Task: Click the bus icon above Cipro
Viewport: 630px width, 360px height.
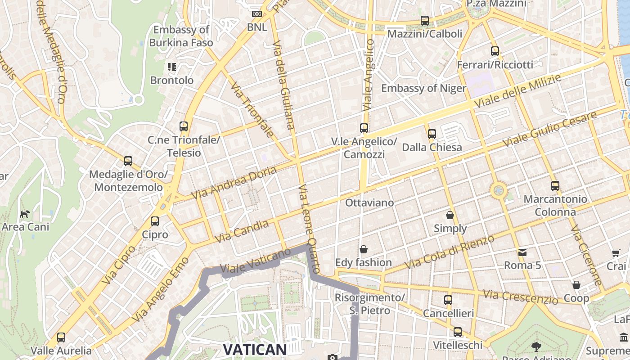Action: pos(155,221)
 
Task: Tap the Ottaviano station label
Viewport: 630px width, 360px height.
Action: pos(369,203)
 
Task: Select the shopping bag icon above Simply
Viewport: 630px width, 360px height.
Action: pos(450,216)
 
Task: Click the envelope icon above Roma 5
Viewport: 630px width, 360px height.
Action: pos(522,252)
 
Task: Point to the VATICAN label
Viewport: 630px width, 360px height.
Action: pos(255,350)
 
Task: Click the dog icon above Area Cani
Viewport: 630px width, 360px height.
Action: pos(25,214)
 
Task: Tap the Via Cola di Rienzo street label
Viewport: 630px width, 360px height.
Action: pos(450,252)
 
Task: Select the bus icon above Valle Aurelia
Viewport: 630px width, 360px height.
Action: pos(61,337)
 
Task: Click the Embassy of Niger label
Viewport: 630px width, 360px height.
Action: pos(423,88)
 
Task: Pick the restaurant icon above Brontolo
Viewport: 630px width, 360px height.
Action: pos(171,67)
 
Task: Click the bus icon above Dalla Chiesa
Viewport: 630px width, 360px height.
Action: pos(432,134)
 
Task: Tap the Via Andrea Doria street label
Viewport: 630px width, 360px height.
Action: pos(234,183)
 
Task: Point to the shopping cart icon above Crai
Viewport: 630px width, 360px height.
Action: pos(616,254)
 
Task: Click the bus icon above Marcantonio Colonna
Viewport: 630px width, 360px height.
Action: pos(555,185)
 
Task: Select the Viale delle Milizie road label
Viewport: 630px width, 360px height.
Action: pos(518,91)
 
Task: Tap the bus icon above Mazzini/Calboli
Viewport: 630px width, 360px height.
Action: pos(425,21)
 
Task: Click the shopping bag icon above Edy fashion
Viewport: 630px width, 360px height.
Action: pos(364,249)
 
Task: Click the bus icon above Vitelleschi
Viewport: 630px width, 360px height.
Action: pos(458,332)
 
